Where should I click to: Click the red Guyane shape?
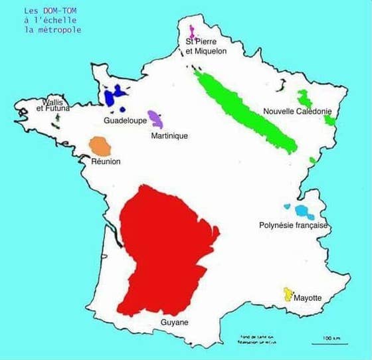pyautogui.click(x=166, y=246)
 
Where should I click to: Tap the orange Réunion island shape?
pyautogui.click(x=99, y=145)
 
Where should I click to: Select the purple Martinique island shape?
pyautogui.click(x=156, y=119)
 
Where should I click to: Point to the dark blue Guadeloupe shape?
pyautogui.click(x=115, y=96)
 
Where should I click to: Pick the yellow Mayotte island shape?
pyautogui.click(x=288, y=294)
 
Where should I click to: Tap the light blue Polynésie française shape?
pyautogui.click(x=302, y=212)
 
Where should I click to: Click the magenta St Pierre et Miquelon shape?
pyautogui.click(x=191, y=31)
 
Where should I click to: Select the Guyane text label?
pyautogui.click(x=175, y=322)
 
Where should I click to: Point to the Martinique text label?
pyautogui.click(x=169, y=136)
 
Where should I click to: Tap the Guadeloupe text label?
pyautogui.click(x=125, y=121)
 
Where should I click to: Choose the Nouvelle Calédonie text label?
pyautogui.click(x=298, y=112)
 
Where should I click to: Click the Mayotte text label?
pyautogui.click(x=307, y=298)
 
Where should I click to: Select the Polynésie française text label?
pyautogui.click(x=294, y=226)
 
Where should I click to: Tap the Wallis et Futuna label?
pyautogui.click(x=52, y=105)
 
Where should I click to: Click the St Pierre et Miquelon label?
pyautogui.click(x=206, y=46)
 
